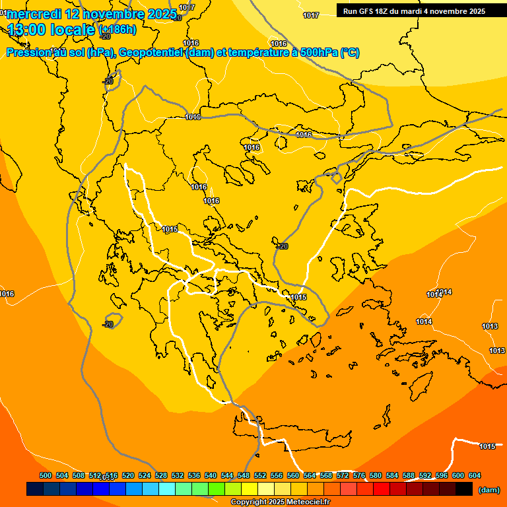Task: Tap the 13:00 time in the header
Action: pyautogui.click(x=27, y=30)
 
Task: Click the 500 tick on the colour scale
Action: pyautogui.click(x=46, y=475)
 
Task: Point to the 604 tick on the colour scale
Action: pyautogui.click(x=475, y=475)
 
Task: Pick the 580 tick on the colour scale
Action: pyautogui.click(x=376, y=475)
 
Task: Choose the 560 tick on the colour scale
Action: pyautogui.click(x=293, y=475)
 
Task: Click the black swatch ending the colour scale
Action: pyautogui.click(x=464, y=489)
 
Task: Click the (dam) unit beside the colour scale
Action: pyautogui.click(x=489, y=489)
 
